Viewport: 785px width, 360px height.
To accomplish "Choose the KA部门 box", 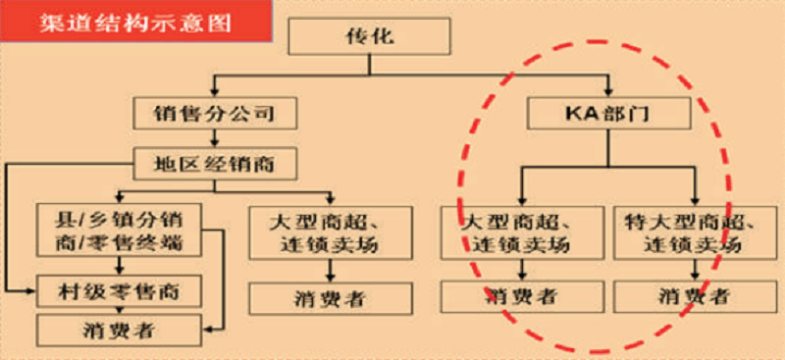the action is [x=609, y=113].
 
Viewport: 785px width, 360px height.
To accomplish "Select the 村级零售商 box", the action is [x=119, y=289].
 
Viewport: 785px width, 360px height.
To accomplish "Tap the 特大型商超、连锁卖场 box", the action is [x=681, y=231].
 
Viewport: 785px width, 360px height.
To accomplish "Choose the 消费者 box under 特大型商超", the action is [x=681, y=294].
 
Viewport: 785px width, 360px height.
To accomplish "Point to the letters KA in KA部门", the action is [x=578, y=113].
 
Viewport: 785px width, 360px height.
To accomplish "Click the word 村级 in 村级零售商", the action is [x=81, y=289].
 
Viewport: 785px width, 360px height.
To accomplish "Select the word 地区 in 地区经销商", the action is [x=177, y=164].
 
